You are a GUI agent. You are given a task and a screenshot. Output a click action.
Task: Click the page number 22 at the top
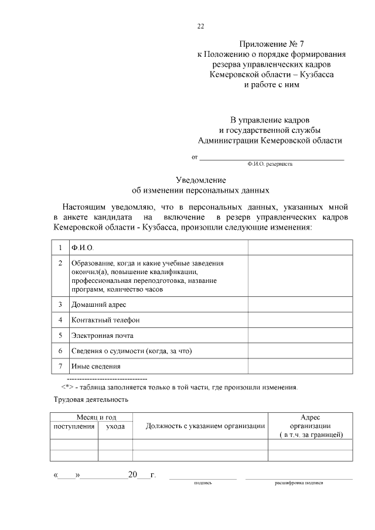200,26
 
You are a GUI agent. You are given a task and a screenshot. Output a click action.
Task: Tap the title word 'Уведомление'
201,180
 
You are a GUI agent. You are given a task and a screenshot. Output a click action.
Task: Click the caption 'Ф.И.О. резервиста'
270,165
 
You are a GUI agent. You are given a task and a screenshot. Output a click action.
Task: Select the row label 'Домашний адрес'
98,305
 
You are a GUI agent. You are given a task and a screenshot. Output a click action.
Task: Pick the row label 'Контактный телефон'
105,320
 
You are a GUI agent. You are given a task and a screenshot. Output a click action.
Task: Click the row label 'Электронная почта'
103,336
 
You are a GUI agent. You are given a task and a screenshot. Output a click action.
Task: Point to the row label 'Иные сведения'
96,366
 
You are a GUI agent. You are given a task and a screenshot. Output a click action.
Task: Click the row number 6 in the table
60,351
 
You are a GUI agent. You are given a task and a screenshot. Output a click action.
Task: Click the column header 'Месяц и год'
91,417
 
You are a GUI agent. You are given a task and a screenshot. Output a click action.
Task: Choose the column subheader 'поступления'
74,426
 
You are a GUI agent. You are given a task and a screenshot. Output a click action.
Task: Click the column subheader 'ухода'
115,426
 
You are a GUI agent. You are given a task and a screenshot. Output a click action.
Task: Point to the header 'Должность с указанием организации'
200,426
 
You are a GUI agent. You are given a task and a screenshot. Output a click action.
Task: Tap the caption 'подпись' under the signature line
203,483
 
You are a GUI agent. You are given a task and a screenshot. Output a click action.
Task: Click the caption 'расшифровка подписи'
299,483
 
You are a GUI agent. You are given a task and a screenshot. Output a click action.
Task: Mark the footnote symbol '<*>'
67,388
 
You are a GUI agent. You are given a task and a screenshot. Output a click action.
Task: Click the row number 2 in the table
60,264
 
